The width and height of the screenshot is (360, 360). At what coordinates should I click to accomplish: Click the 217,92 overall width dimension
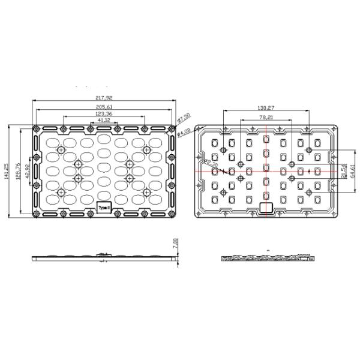coord(103,98)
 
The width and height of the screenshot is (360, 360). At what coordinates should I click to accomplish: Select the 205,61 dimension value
coord(103,107)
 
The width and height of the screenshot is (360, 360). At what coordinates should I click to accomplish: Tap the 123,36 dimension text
coord(103,113)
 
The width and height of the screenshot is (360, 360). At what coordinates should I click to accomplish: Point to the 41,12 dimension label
coord(103,121)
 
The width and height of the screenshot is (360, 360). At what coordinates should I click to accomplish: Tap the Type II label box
coord(104,207)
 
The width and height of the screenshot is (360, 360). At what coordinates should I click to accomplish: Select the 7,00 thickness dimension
coord(175,243)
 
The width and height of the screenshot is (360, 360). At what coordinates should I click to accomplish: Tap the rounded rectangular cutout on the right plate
coord(265,207)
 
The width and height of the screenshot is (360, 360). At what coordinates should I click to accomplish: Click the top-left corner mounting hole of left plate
coord(37,128)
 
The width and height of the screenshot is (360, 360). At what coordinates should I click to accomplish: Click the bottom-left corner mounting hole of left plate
coord(37,214)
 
